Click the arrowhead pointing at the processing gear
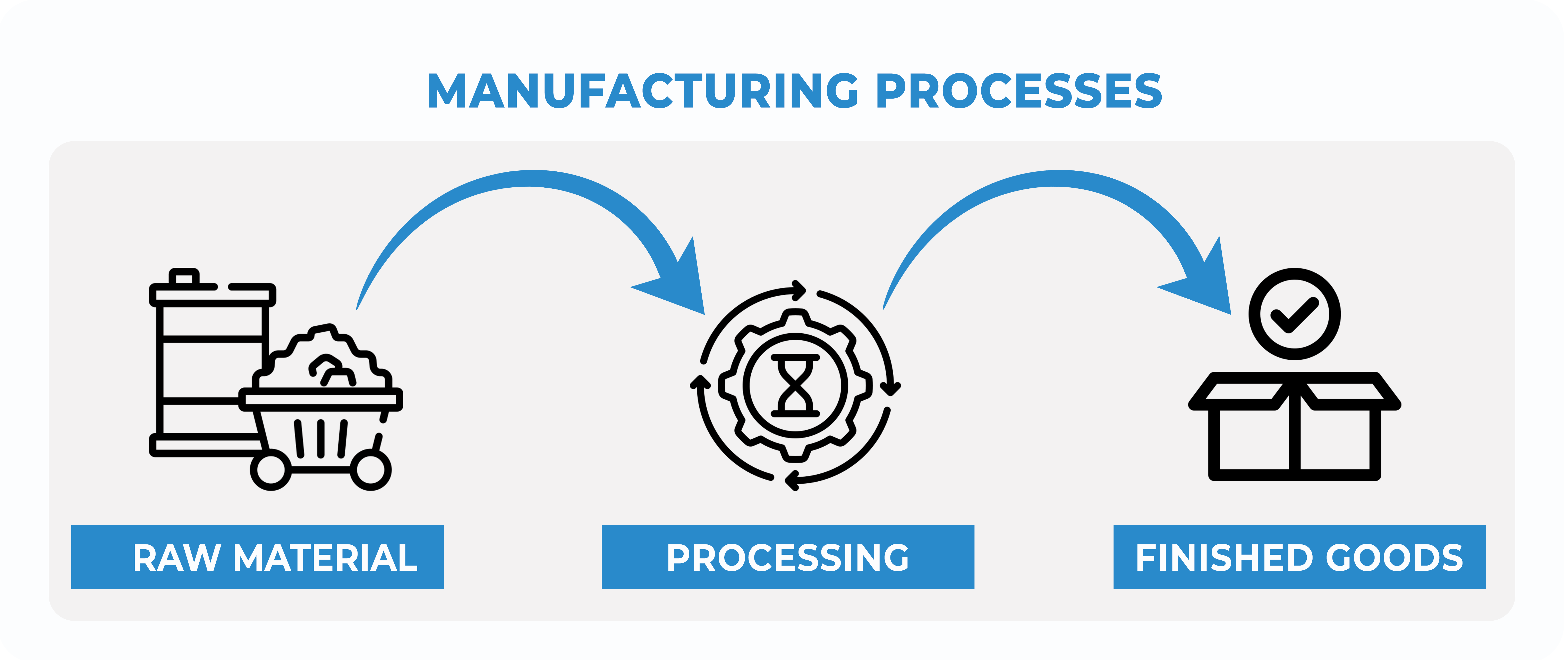680,282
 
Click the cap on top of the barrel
184,277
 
